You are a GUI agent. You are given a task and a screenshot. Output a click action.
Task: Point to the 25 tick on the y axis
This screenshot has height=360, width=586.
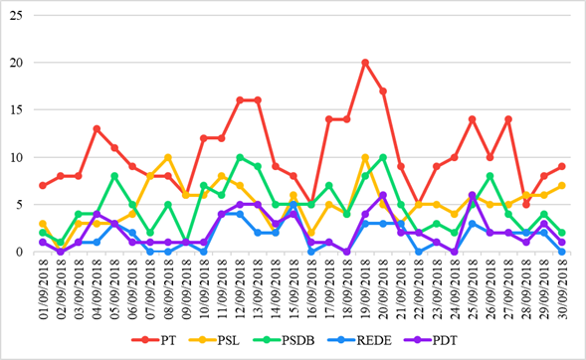(x=19, y=15)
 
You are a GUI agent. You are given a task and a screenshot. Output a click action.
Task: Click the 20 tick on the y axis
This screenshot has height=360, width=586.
(x=19, y=63)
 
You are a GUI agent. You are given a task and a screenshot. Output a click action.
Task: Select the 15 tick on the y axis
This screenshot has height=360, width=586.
(x=19, y=109)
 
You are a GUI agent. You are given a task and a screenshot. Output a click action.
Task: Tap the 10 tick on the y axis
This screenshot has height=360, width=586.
(x=19, y=157)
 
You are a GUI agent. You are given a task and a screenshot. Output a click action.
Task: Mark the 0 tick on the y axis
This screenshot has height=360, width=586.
(x=22, y=252)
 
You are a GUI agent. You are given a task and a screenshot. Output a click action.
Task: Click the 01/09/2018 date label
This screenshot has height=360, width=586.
(x=42, y=288)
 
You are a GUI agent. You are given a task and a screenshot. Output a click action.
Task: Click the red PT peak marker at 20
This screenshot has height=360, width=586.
(x=365, y=63)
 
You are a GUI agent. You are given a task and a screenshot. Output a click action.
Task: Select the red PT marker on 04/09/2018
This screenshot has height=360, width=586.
(x=97, y=128)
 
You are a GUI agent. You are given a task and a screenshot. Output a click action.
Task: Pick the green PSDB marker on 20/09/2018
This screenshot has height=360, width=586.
(x=383, y=157)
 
